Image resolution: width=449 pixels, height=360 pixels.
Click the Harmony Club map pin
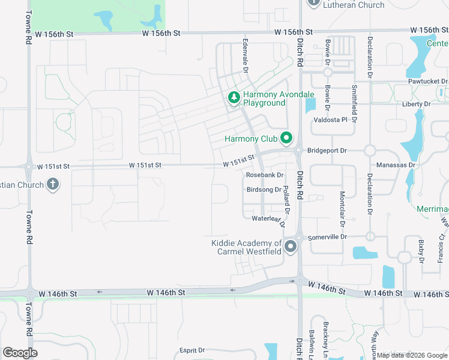click(286, 139)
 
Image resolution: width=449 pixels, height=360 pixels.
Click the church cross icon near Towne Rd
click(53, 185)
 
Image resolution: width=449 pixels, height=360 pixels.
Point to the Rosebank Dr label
click(264, 175)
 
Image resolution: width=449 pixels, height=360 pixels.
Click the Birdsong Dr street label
click(264, 190)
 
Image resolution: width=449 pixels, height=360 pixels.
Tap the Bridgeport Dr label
click(327, 151)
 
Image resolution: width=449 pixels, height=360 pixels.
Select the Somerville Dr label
click(327, 237)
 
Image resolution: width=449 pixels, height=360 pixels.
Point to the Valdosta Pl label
click(331, 120)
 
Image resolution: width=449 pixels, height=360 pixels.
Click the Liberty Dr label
click(416, 104)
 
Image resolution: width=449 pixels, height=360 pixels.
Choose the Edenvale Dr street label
click(246, 56)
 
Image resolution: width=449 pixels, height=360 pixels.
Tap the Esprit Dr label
click(192, 350)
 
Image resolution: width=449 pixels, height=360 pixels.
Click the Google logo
click(20, 352)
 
